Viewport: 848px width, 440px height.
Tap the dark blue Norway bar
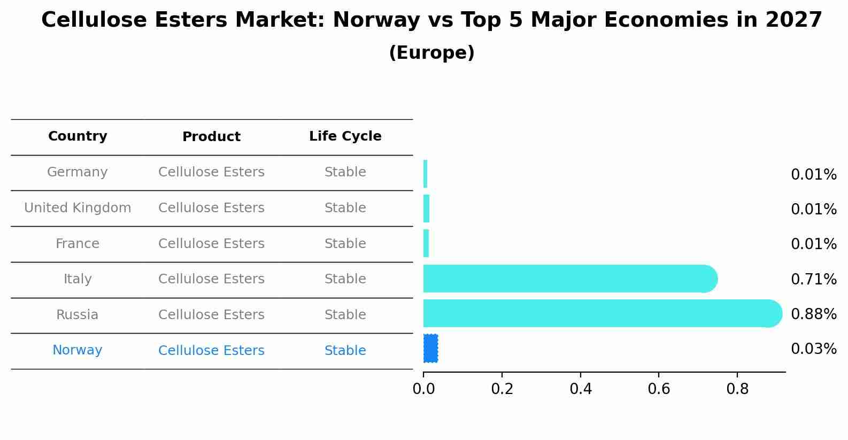click(x=430, y=348)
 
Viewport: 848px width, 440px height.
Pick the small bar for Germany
click(x=426, y=174)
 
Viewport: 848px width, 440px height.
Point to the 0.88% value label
click(x=813, y=314)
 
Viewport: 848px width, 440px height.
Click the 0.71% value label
click(x=813, y=279)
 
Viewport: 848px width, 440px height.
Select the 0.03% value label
click(x=813, y=349)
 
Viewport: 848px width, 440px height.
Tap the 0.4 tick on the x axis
click(x=581, y=389)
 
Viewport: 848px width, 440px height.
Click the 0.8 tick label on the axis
click(x=737, y=389)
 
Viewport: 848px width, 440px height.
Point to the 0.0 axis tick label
click(x=423, y=389)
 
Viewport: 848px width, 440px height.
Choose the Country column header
click(x=78, y=136)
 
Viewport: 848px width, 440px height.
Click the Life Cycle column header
click(x=345, y=136)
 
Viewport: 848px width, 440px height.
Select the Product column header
click(x=211, y=137)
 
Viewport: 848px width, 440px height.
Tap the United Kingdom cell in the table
click(x=78, y=208)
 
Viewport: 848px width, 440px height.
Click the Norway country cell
click(x=78, y=350)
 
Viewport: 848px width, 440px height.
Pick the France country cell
click(x=78, y=244)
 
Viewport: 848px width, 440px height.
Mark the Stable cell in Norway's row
click(x=345, y=351)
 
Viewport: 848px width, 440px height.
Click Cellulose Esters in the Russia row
click(x=211, y=315)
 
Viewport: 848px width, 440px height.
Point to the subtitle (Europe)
click(x=431, y=53)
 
